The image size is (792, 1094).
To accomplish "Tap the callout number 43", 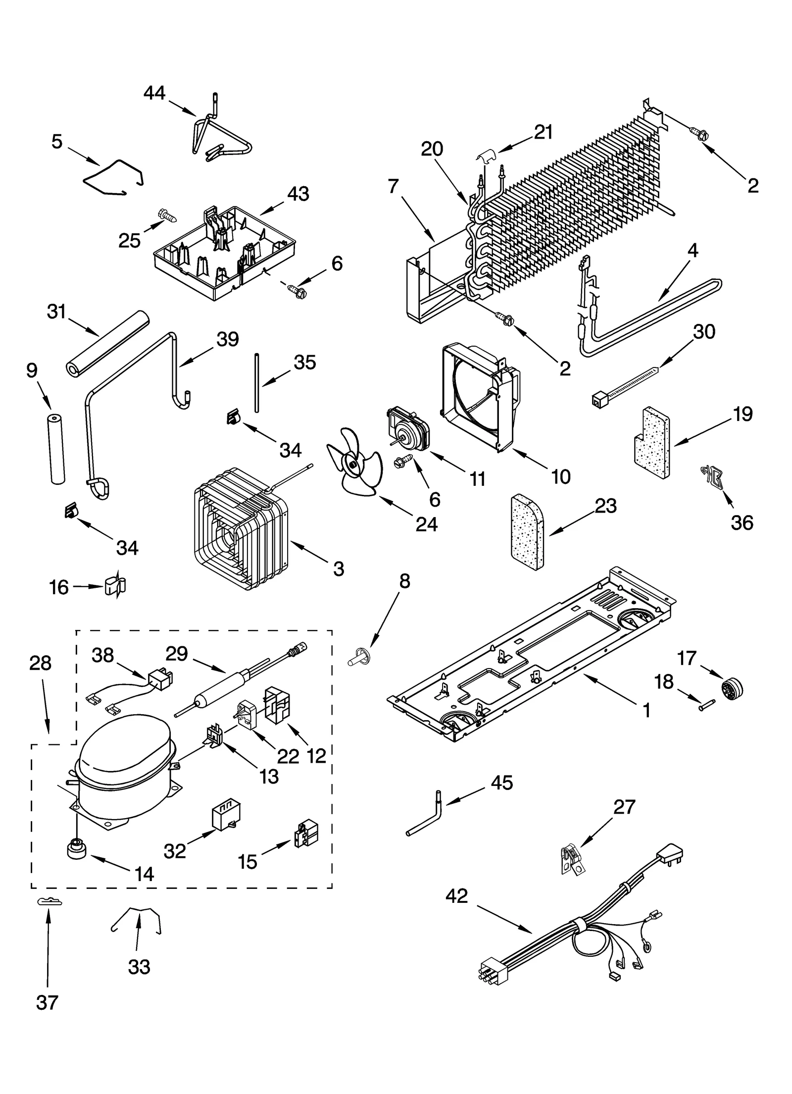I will click(x=298, y=194).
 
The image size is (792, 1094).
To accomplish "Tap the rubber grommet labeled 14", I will click(x=77, y=850).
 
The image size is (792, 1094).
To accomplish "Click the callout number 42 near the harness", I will click(x=456, y=895).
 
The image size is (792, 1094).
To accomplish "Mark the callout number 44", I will click(x=154, y=93).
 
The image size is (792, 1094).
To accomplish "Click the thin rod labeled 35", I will click(x=257, y=382).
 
